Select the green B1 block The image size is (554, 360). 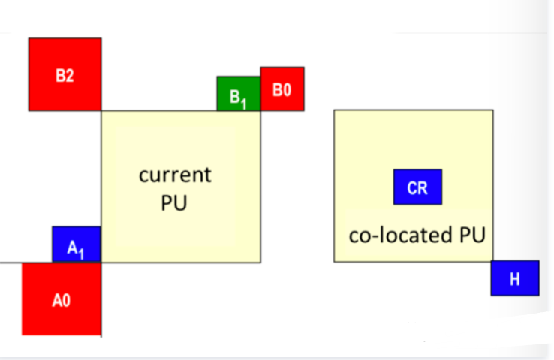click(x=239, y=94)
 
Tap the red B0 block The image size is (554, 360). click(x=282, y=88)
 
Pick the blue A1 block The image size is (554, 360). click(x=76, y=244)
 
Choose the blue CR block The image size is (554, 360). click(x=417, y=187)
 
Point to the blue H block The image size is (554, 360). click(x=515, y=278)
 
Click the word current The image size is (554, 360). click(x=175, y=175)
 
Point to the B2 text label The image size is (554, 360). click(x=65, y=76)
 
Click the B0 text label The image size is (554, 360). click(x=282, y=90)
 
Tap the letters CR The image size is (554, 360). click(x=417, y=188)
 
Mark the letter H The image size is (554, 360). click(x=515, y=280)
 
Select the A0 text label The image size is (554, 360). click(x=61, y=301)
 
